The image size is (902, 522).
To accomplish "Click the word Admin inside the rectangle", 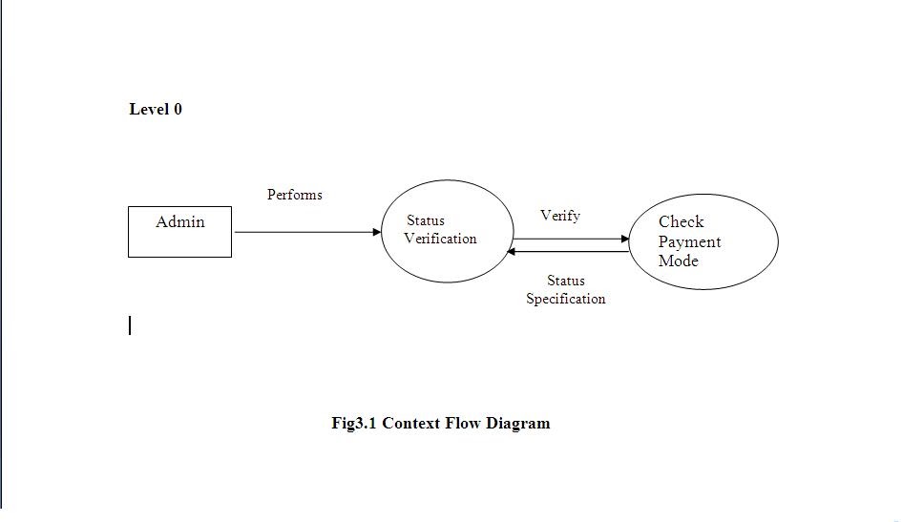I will [180, 222].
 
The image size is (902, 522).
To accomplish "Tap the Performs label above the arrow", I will [294, 195].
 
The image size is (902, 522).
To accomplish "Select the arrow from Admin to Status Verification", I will [305, 232].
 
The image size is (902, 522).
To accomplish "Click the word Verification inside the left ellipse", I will [440, 239].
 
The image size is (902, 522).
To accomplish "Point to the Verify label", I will [559, 216].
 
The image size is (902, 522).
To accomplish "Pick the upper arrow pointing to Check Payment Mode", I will [570, 239].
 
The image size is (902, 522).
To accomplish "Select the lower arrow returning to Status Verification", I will [570, 252].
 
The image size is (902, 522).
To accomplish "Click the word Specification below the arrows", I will [565, 299].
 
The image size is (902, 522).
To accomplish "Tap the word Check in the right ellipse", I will [681, 221].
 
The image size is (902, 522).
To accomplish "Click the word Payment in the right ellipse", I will [689, 241].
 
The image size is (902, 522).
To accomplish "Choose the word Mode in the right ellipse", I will [678, 261].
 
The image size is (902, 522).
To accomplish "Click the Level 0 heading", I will [156, 110].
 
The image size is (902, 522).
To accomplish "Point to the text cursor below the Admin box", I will [130, 325].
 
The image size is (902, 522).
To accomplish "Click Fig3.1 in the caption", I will [354, 423].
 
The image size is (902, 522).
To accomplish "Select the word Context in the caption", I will [412, 423].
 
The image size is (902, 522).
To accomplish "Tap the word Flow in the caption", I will [465, 423].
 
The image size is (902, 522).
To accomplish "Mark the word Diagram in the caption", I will [518, 423].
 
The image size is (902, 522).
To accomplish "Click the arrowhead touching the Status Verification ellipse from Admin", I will [376, 232].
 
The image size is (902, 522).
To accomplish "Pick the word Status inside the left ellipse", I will [425, 220].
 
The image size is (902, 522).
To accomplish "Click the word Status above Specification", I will [565, 281].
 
